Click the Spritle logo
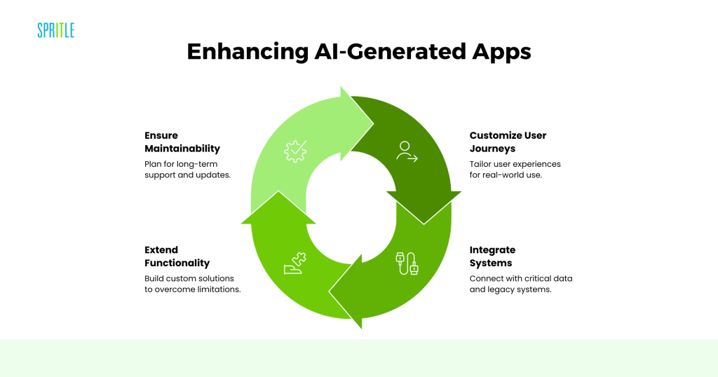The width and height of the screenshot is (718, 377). click(55, 30)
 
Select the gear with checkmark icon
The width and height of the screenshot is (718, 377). click(295, 151)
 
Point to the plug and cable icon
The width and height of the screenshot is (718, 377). click(407, 263)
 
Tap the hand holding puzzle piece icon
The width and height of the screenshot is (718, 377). click(294, 263)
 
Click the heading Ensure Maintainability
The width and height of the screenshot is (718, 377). click(182, 142)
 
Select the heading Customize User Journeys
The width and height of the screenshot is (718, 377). click(508, 142)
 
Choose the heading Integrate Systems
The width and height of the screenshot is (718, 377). click(492, 256)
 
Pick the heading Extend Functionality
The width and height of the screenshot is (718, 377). click(177, 256)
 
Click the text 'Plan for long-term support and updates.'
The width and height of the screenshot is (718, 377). click(187, 169)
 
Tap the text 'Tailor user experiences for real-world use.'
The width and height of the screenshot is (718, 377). click(515, 169)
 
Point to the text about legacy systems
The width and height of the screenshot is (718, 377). click(520, 284)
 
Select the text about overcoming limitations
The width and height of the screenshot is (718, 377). click(192, 284)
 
